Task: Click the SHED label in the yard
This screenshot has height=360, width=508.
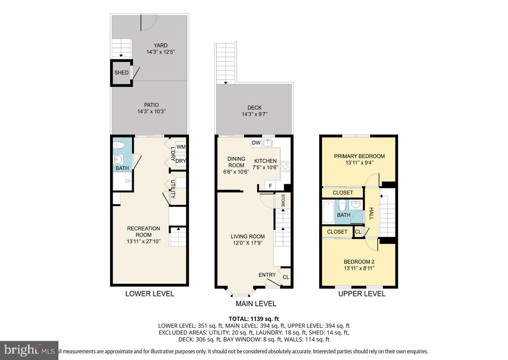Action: tap(121, 73)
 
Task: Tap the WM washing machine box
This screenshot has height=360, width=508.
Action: tap(181, 147)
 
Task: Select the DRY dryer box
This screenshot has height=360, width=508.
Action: tap(181, 161)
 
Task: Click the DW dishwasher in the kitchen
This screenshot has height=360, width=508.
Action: tap(256, 143)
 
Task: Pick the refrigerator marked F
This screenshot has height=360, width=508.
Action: tap(270, 186)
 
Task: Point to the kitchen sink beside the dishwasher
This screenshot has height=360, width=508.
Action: tap(268, 143)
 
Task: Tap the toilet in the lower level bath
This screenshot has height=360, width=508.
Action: tap(120, 146)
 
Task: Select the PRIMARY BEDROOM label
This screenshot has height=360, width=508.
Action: tap(359, 156)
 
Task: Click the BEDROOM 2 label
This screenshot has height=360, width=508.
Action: tap(359, 261)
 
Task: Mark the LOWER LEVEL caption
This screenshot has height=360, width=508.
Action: tap(149, 294)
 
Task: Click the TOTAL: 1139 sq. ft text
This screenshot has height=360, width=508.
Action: tap(254, 318)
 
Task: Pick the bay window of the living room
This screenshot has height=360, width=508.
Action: tap(241, 293)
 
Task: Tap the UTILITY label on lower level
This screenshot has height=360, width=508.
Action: tap(173, 189)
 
